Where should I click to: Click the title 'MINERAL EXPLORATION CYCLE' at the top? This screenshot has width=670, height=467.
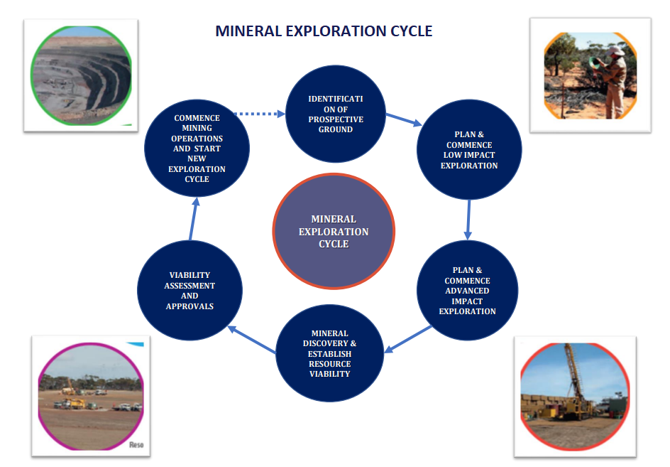pos(324,31)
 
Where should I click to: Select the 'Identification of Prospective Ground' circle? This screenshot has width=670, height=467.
pos(335,114)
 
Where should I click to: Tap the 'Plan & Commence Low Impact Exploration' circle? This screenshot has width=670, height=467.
pos(468,150)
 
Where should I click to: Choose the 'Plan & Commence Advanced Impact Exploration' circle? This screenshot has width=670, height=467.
pos(467,291)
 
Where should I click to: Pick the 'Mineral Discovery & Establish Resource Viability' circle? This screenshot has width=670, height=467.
pos(329,353)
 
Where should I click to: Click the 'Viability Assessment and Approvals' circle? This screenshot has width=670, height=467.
pos(190,291)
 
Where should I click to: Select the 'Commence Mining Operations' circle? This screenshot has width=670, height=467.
pos(197,149)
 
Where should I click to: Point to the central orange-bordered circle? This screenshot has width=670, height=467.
pos(334,232)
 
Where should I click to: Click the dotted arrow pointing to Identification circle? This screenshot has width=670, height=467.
pos(259,113)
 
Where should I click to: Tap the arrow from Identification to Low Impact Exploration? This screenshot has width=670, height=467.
pos(404,119)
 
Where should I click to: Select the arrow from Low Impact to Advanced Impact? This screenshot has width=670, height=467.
pos(468,220)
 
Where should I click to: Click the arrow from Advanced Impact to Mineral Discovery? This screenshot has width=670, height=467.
pos(408,339)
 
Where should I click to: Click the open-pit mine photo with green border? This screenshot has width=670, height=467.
pos(81,75)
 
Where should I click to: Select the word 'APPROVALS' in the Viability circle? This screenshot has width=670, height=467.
pos(190,306)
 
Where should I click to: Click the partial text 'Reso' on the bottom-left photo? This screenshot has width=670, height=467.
pos(137,444)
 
